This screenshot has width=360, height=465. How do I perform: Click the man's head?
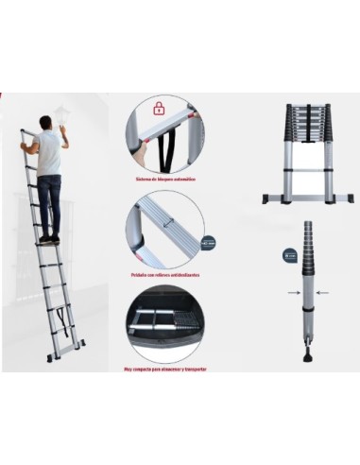[x=43, y=123]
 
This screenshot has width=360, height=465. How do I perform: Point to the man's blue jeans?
[x=49, y=203]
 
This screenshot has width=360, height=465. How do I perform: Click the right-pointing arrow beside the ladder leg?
[x=290, y=293]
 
